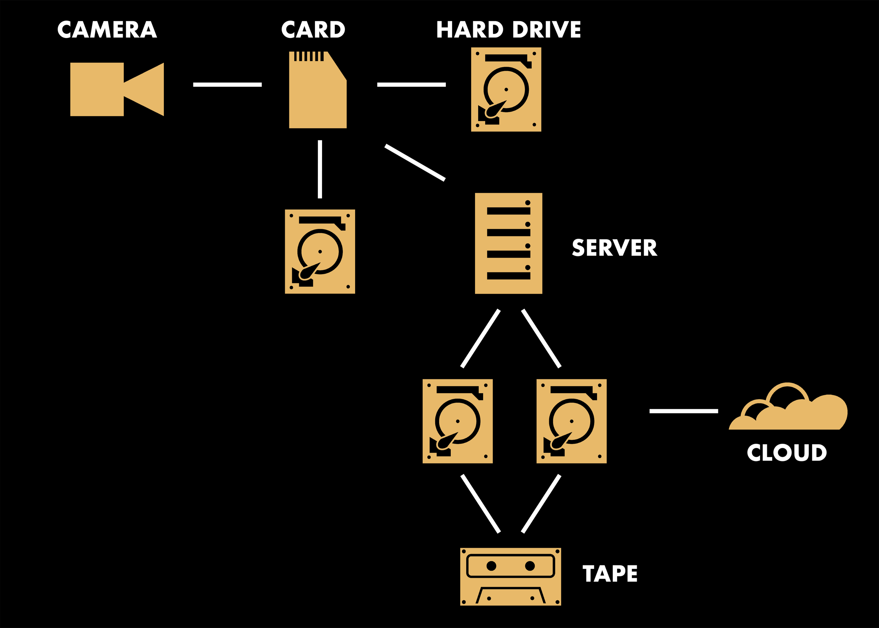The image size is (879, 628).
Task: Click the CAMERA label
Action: point(107,30)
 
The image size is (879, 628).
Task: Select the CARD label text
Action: point(313,30)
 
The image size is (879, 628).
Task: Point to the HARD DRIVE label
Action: point(508,30)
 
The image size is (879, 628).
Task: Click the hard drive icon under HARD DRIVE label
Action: point(506,90)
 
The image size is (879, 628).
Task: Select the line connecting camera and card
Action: point(227,85)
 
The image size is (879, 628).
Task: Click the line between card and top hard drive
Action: point(411,85)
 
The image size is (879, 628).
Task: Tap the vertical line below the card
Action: point(320,169)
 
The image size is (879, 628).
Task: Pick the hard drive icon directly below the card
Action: point(320,251)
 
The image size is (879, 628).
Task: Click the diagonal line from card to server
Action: point(415,163)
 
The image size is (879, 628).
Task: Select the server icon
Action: point(508,243)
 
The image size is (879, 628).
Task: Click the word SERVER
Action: point(614,248)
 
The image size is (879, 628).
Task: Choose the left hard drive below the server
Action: point(457,421)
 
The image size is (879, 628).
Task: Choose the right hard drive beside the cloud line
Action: point(571,421)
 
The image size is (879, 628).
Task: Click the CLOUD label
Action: point(787,453)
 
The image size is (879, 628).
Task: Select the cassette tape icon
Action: point(511,576)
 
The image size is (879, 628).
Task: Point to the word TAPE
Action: point(610,573)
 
